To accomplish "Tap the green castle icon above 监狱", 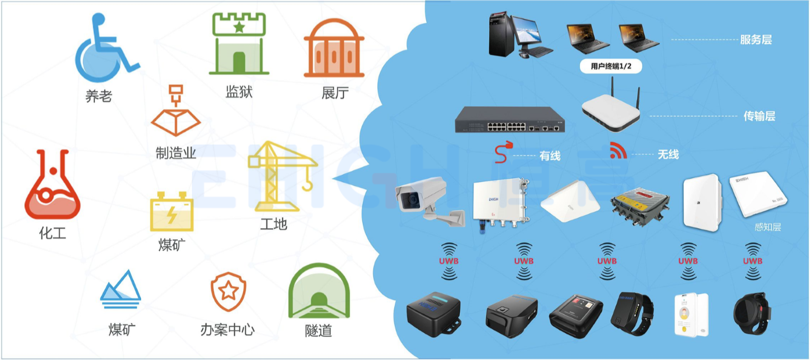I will pos(239,44).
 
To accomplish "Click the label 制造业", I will pos(176,153).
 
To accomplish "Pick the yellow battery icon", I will pos(172,211).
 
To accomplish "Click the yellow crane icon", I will pos(280,176).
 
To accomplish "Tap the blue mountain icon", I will pos(120,290).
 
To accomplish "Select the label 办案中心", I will pos(228,330).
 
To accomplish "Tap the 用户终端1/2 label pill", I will pos(611,66).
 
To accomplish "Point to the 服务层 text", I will pos(756,40).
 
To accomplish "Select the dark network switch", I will pos(509,120).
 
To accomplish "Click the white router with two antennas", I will pos(611,111).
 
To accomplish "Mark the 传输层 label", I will pos(759,116).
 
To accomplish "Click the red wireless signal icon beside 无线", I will pos(618,151).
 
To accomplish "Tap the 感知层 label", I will pos(767,227).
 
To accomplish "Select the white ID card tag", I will pos(691,314).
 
